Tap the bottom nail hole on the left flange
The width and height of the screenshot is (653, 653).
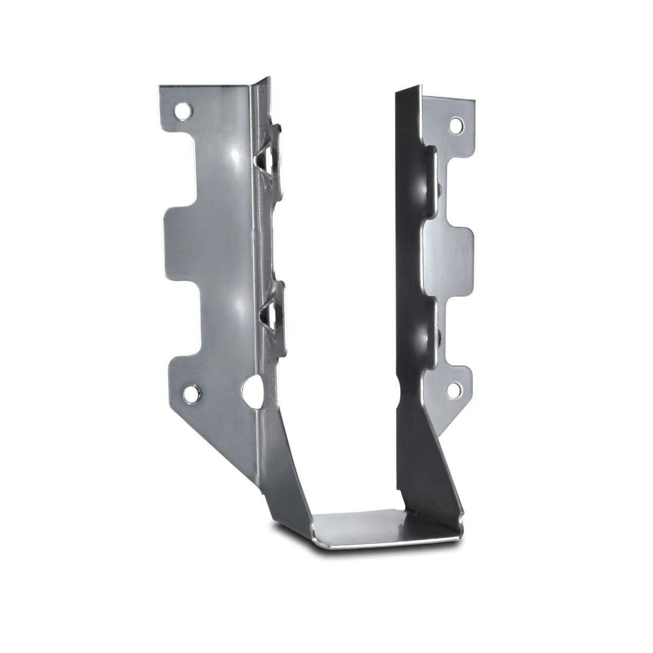tap(191, 396)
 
